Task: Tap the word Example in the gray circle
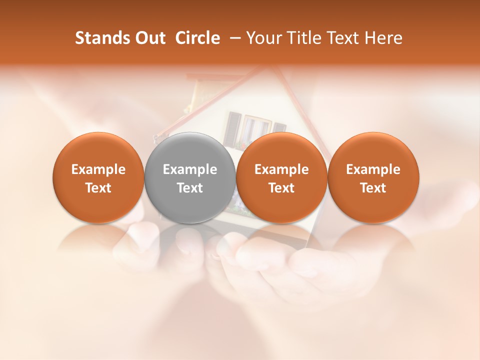coord(190,169)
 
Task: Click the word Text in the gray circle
coord(190,188)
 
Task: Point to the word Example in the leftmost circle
coord(98,169)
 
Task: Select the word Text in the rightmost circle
coord(373,188)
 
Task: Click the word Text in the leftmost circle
coord(98,188)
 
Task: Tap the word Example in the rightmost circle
coord(373,169)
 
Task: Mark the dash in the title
coord(233,38)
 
